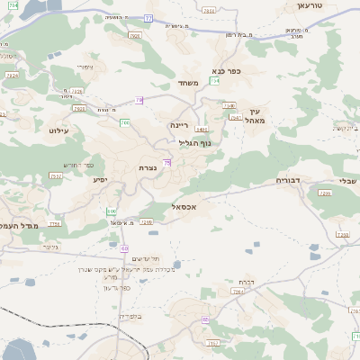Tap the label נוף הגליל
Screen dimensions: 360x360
(194, 142)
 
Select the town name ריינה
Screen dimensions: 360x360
(179, 125)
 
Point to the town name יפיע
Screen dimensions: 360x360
(101, 180)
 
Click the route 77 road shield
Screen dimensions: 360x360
(148, 17)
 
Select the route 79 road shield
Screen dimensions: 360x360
(139, 100)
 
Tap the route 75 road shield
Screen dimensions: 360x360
(167, 162)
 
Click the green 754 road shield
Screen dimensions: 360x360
(214, 81)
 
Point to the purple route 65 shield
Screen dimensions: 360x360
(123, 248)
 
